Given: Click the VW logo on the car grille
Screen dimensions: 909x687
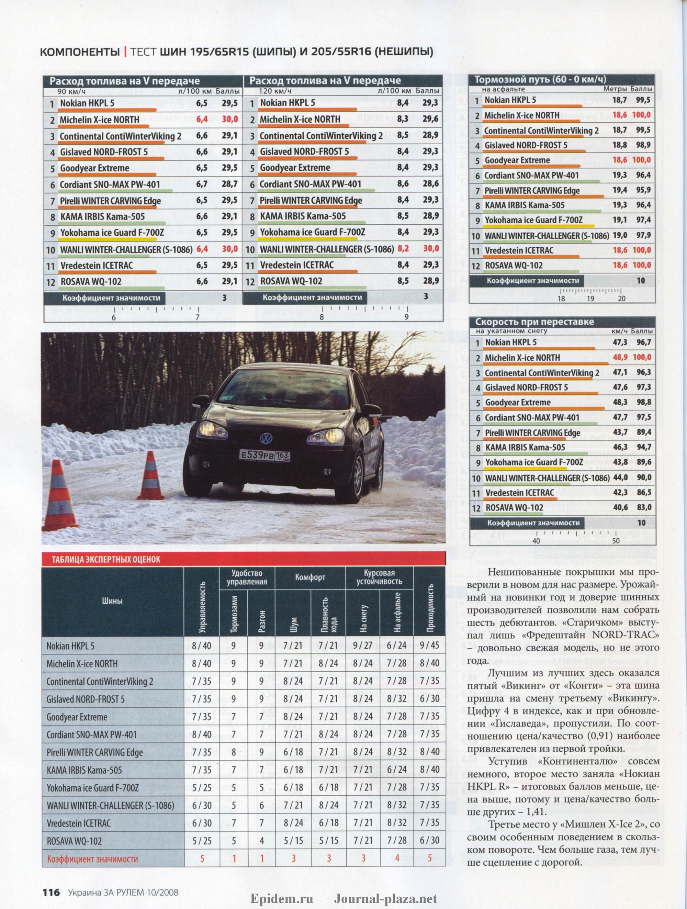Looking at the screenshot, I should click(x=266, y=438).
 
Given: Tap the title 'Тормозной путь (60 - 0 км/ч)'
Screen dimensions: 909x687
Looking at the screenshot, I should click(x=540, y=80).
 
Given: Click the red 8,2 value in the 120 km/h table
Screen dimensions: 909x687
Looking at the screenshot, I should click(x=403, y=249).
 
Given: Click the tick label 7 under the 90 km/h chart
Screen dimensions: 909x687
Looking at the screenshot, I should click(x=198, y=317).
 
